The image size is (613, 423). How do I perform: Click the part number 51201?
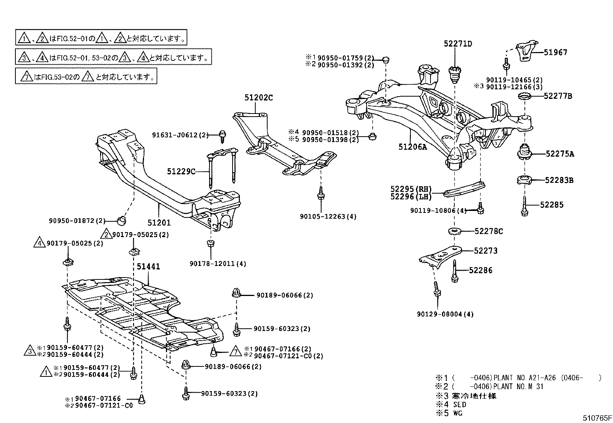tap(159, 222)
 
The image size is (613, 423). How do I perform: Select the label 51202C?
tap(258, 98)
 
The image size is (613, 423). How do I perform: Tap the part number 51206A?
tap(413, 147)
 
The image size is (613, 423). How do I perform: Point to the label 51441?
tap(148, 266)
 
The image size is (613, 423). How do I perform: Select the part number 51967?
tap(555, 52)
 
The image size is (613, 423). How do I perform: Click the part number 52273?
tap(486, 251)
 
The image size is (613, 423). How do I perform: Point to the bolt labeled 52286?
tap(455, 272)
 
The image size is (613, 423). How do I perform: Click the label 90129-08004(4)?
tap(445, 314)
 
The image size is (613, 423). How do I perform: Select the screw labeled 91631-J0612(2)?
tap(222, 135)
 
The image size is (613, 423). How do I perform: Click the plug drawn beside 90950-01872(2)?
tap(122, 220)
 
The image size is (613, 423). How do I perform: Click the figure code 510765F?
tap(596, 418)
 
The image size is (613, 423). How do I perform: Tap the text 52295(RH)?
tap(411, 189)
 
